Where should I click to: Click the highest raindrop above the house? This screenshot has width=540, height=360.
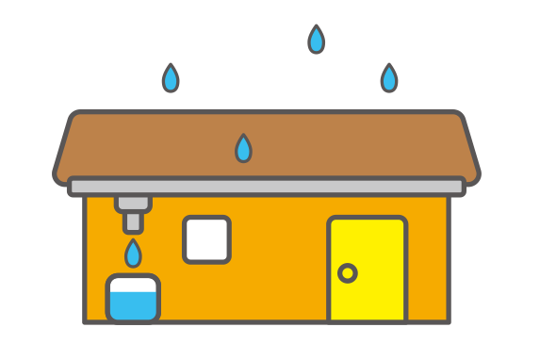[316, 40]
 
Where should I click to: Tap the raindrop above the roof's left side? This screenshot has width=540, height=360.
[171, 78]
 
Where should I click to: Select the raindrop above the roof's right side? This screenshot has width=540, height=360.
[389, 78]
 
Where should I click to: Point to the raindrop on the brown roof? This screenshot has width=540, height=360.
[243, 148]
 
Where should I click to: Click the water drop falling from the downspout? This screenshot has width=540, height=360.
[133, 254]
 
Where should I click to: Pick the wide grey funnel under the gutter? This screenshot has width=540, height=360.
[133, 203]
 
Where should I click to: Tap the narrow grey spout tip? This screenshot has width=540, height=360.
[133, 222]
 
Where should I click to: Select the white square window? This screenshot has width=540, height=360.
[206, 239]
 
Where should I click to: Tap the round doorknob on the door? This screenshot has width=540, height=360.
[347, 273]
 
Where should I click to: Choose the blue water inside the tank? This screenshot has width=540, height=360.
[132, 305]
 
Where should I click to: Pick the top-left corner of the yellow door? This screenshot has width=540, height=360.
[333, 221]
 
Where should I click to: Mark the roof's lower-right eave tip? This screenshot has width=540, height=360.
[476, 176]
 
